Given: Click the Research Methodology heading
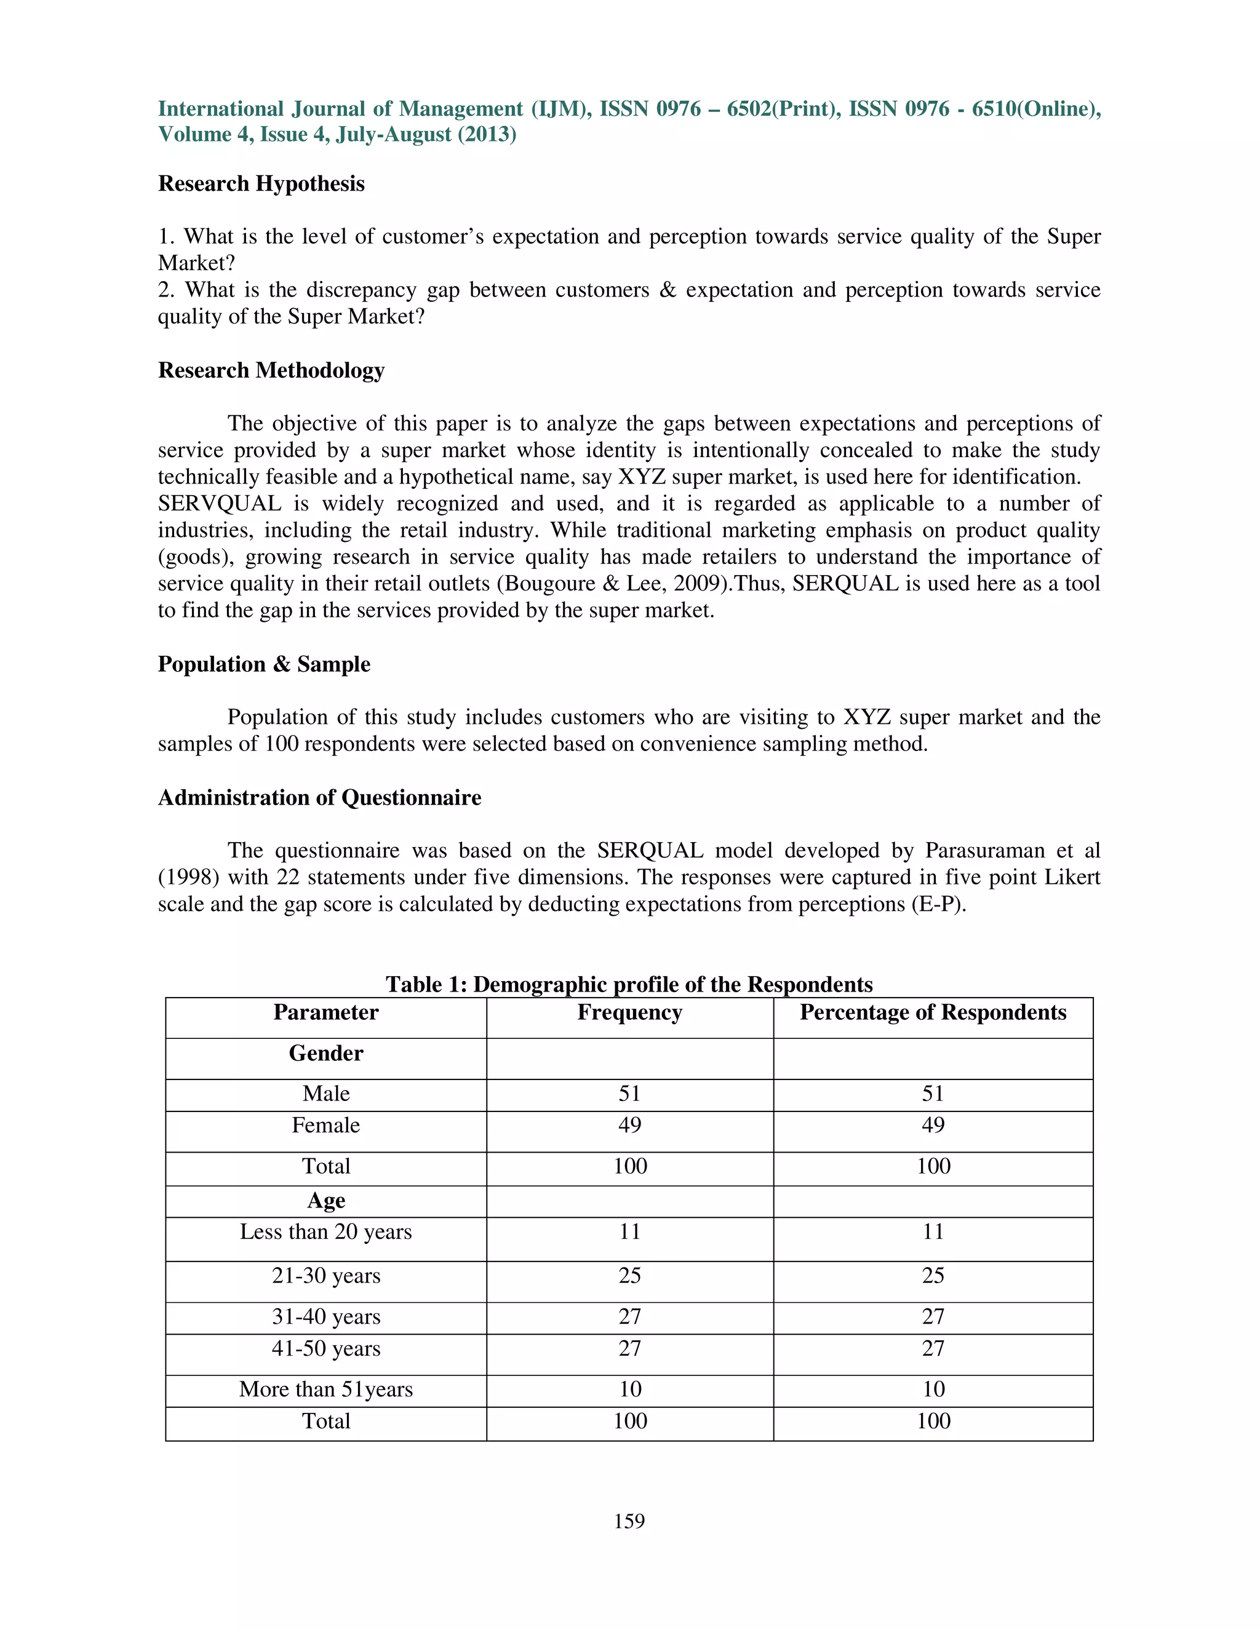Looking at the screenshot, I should [271, 370].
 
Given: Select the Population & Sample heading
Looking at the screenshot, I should [263, 664].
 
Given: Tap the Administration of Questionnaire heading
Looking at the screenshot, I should [319, 798].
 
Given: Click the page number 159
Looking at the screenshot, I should [629, 1521].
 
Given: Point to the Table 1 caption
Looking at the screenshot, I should [629, 984].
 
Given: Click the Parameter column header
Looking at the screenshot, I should [325, 1013].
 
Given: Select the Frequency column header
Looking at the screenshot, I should [629, 1013].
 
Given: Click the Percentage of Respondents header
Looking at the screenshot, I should [933, 1013].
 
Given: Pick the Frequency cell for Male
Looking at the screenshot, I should [629, 1094].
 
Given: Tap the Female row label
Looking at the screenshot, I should [325, 1126].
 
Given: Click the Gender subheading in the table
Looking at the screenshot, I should [325, 1054].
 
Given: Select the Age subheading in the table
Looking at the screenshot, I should [325, 1201].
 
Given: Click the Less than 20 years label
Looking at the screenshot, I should [325, 1232].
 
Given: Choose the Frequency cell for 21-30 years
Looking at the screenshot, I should [629, 1276].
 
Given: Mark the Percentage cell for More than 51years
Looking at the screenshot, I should [933, 1389].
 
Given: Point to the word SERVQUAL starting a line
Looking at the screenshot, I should [220, 504].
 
